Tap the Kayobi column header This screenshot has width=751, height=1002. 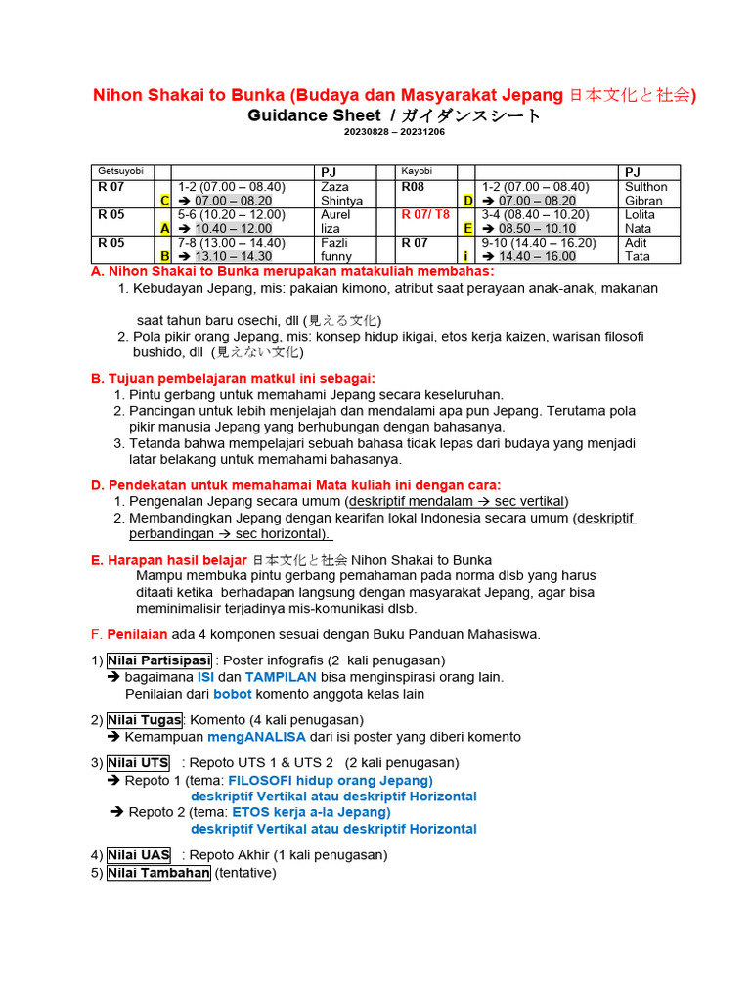418,171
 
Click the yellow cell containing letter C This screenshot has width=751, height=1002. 165,201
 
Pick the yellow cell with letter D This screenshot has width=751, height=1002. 468,201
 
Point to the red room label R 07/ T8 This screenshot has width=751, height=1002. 425,214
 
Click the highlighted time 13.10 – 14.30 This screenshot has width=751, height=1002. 234,256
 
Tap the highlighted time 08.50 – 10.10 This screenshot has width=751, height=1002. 537,229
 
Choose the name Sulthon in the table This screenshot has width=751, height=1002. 645,186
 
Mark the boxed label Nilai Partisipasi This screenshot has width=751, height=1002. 159,660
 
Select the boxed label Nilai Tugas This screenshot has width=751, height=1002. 145,720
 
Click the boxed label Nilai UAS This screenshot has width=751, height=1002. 139,854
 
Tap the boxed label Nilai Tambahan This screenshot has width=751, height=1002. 158,873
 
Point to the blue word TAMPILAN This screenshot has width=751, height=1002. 281,677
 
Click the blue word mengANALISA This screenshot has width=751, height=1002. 256,737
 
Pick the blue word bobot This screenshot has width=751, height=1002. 233,694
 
